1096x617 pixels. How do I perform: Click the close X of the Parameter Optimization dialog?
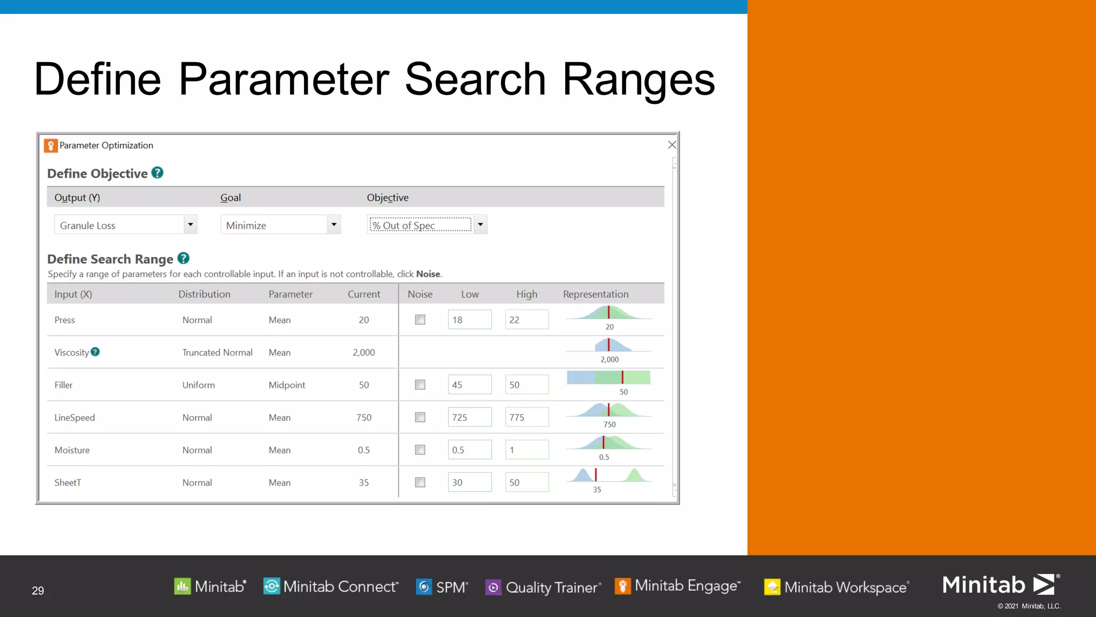tap(672, 145)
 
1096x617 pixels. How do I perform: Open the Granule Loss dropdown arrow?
tap(190, 224)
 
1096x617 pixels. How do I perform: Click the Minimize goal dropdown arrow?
tap(334, 224)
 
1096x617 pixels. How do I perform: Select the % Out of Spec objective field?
tap(420, 225)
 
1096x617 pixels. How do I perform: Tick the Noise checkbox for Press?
tap(420, 320)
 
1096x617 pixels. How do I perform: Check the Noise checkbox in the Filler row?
tap(420, 385)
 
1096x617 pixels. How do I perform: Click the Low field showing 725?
tap(469, 417)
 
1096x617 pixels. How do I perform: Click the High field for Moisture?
tap(527, 450)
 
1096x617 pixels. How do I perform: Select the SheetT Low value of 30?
tap(469, 483)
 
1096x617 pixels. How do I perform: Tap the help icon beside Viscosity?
tap(95, 352)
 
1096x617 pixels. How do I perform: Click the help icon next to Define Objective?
tap(157, 172)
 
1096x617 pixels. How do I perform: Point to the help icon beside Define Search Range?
tap(184, 258)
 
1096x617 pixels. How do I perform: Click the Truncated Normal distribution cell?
tap(217, 352)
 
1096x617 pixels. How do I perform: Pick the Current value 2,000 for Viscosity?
tap(364, 352)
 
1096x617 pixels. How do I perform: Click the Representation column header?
tap(596, 294)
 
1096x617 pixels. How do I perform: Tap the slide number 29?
tap(38, 590)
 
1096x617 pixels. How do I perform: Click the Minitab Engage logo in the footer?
tap(678, 586)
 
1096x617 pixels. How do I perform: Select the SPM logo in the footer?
tap(443, 587)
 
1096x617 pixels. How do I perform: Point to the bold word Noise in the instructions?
tap(428, 274)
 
